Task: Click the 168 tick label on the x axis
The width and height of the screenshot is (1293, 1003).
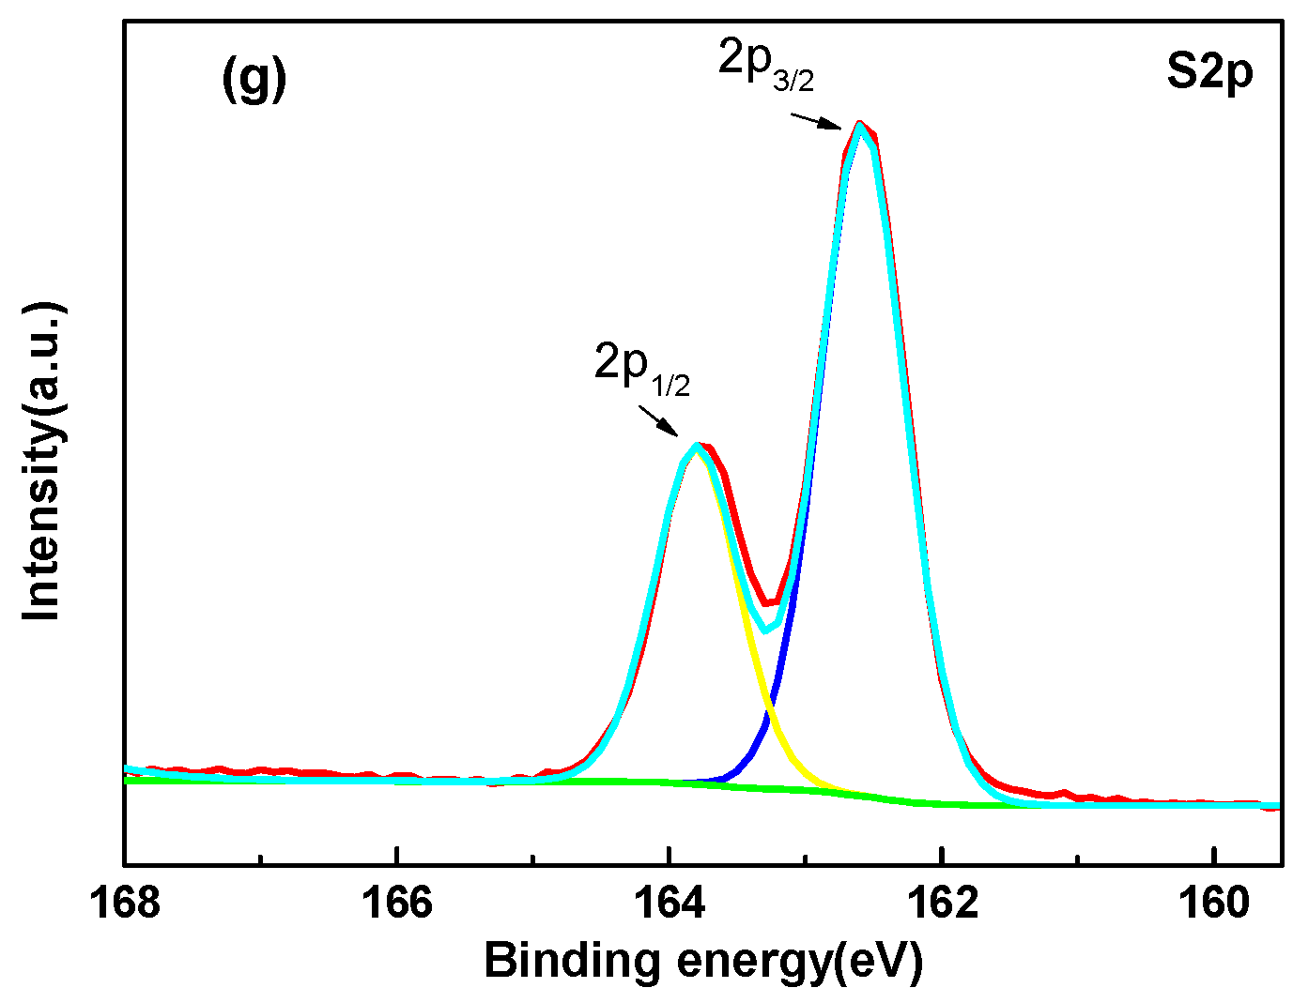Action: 125,903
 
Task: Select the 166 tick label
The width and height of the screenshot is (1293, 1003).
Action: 397,903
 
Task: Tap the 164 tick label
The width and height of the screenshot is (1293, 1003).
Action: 670,903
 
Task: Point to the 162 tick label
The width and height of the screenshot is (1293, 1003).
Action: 942,903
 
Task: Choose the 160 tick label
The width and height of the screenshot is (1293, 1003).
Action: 1214,903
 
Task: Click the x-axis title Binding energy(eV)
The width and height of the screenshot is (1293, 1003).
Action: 703,962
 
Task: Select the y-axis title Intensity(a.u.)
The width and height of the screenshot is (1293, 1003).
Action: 42,462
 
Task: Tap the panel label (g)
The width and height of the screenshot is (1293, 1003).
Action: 254,79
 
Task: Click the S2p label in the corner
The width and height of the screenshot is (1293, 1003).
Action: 1209,72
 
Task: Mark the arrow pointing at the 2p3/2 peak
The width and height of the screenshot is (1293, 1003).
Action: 815,121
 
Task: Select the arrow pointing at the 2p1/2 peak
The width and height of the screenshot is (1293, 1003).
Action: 657,420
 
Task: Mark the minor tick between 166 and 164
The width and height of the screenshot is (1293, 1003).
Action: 533,858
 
